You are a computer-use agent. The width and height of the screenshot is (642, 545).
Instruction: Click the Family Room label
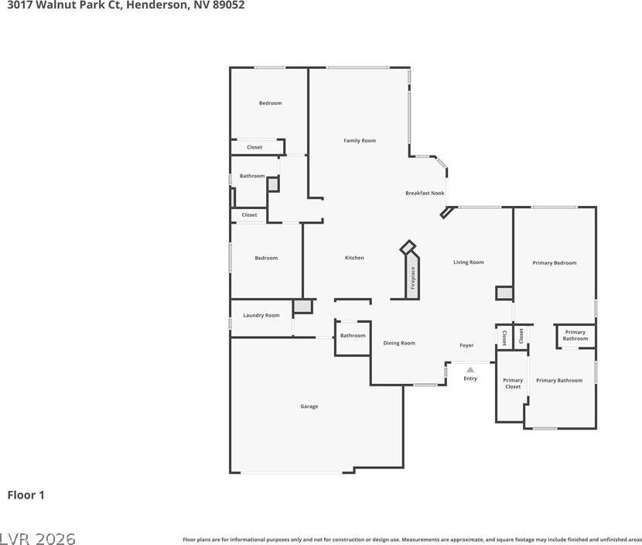(360, 141)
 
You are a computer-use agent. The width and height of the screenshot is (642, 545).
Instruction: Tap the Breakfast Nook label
(425, 193)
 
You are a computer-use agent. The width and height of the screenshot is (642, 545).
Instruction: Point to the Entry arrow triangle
(470, 369)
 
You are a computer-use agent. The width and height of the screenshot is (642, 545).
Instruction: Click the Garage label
(309, 406)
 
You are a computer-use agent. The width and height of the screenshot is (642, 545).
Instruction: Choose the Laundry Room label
(261, 315)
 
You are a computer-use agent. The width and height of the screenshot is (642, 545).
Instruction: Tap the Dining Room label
(399, 343)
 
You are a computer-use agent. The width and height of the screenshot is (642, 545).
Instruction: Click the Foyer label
(466, 345)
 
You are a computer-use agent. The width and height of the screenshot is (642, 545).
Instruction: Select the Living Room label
(469, 262)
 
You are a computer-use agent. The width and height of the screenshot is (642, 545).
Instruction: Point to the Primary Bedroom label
(555, 262)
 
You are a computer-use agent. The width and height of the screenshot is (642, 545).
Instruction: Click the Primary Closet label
(513, 383)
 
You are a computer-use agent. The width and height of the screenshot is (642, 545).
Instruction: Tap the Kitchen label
(354, 258)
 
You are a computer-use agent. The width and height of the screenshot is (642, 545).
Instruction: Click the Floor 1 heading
(26, 495)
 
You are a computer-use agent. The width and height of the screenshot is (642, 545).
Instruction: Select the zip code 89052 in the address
(228, 5)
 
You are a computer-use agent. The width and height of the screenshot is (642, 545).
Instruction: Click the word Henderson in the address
(157, 5)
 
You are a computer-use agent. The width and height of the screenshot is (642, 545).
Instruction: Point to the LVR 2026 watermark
(38, 538)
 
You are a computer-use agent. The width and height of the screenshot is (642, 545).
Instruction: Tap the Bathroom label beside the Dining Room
(353, 336)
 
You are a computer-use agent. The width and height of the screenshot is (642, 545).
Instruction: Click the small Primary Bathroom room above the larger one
(575, 336)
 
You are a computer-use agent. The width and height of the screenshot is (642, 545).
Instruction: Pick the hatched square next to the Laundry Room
(303, 307)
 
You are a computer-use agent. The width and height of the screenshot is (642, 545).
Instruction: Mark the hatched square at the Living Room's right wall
(504, 293)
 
